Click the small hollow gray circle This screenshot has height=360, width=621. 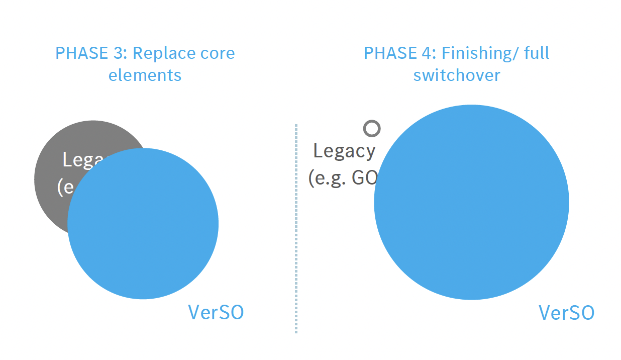coord(372,129)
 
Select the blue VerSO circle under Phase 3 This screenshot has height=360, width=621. coord(143,224)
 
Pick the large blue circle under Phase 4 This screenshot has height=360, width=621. coord(471,202)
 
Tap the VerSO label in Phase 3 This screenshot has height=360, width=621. coord(216,312)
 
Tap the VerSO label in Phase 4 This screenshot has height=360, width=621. coord(566,313)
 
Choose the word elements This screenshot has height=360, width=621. coord(145,75)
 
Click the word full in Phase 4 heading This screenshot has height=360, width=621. coord(536,53)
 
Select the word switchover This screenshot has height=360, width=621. coord(457,75)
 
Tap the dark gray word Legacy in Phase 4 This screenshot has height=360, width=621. coord(344,151)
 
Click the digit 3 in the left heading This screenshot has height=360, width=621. coord(122,53)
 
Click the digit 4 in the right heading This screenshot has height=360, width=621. coord(431,53)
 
